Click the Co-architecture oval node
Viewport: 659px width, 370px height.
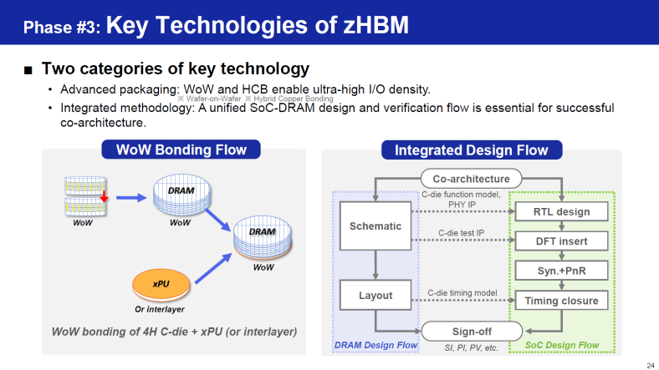point(471,179)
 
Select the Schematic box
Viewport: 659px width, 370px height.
point(375,226)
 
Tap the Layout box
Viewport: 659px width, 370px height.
point(375,296)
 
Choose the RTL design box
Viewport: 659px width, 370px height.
point(561,211)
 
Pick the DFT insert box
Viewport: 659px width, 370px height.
point(561,241)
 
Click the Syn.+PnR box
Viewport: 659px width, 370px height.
point(561,271)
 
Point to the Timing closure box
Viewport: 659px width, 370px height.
point(561,301)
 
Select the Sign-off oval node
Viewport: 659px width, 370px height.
point(472,332)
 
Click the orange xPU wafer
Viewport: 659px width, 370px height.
point(161,285)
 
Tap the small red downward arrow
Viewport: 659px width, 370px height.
point(104,195)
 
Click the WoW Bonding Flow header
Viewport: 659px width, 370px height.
point(181,150)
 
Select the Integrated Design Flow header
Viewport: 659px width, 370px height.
point(472,150)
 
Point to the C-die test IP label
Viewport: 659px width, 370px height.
point(461,233)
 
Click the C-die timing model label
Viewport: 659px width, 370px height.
point(462,293)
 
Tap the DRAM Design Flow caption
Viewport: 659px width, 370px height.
point(375,345)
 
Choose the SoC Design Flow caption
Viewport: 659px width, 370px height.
point(562,345)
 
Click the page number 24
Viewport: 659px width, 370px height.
point(651,365)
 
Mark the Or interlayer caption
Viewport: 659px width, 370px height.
point(160,309)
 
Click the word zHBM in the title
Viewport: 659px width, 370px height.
point(375,25)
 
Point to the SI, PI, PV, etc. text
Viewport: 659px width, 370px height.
point(471,347)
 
